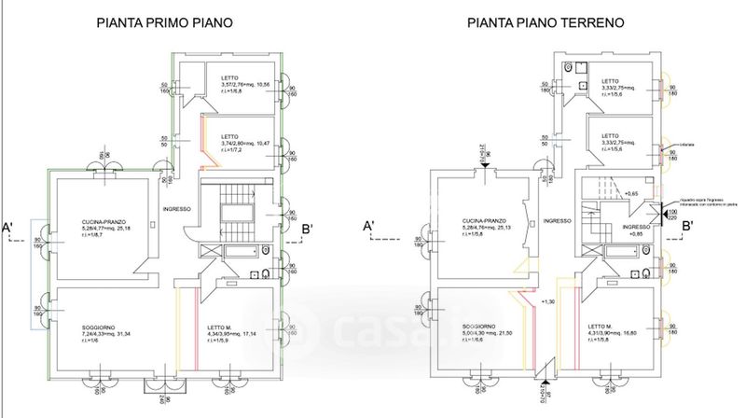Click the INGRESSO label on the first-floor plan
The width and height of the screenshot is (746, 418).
pyautogui.click(x=176, y=209)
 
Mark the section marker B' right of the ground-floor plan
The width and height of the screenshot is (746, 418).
pyautogui.click(x=689, y=226)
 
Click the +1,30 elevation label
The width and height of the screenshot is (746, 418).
pyautogui.click(x=548, y=301)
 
